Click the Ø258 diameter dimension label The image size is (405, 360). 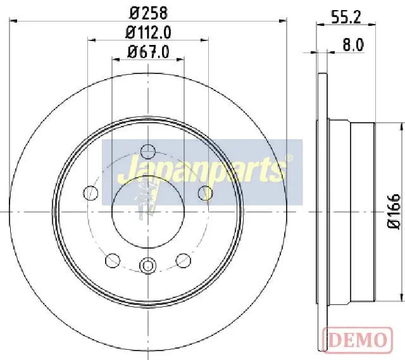coord(148,13)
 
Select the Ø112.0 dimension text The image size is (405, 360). coord(148,33)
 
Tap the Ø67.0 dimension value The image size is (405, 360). coord(148,52)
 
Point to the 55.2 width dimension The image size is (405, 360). coord(346,18)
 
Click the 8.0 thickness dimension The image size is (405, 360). coord(353,45)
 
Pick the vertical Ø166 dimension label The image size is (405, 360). coord(394,211)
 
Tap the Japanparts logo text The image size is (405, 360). coord(201,170)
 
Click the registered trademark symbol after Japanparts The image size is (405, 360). coord(289,158)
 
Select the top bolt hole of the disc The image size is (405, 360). coord(148,152)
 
